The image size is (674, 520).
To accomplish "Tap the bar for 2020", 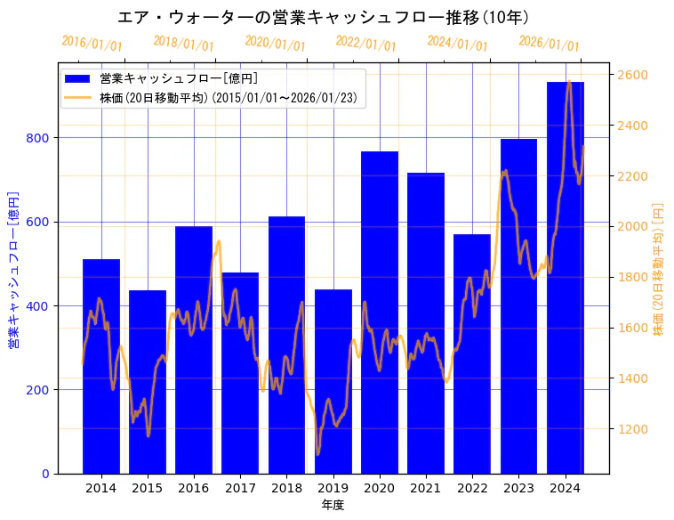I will (380, 313).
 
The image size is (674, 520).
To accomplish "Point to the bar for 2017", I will (240, 373).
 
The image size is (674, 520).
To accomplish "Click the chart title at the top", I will (324, 17).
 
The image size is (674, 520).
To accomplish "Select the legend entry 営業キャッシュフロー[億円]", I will (178, 79).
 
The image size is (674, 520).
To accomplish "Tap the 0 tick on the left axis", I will (46, 474).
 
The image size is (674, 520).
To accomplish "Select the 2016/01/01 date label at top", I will (92, 44).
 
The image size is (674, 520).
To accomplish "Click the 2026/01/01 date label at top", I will (549, 44).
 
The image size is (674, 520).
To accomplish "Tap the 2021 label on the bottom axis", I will (426, 488).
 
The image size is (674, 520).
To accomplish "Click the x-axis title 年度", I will (333, 505).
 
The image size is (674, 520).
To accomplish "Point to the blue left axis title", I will (13, 268).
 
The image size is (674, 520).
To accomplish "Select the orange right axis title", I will (659, 268).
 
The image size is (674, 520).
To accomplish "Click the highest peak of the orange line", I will (569, 82).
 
